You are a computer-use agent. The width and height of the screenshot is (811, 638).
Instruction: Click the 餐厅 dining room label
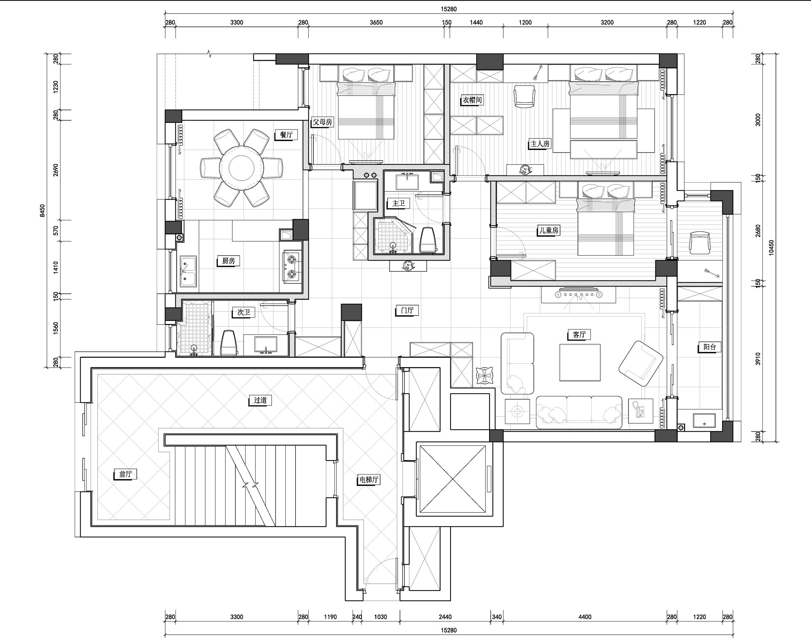click(x=286, y=134)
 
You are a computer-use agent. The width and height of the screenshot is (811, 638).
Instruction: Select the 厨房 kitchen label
click(x=228, y=261)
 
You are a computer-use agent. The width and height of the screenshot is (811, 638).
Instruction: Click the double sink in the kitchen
click(x=188, y=271)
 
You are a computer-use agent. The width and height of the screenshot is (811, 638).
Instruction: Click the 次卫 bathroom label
click(x=244, y=312)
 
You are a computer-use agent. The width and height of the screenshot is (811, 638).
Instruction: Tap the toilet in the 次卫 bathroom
click(x=229, y=343)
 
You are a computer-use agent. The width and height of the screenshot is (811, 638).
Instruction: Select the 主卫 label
click(x=398, y=203)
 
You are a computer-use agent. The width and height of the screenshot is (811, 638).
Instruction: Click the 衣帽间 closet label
click(x=472, y=100)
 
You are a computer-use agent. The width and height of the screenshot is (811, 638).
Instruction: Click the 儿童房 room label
click(x=548, y=231)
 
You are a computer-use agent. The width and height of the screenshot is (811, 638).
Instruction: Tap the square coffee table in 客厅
click(x=580, y=362)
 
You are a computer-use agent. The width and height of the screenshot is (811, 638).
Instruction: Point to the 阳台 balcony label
click(x=710, y=347)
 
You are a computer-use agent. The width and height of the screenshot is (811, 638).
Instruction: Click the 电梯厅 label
click(x=369, y=479)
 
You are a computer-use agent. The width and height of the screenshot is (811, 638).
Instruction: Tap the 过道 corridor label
click(x=260, y=400)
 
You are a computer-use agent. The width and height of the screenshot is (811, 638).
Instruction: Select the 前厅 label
click(x=126, y=474)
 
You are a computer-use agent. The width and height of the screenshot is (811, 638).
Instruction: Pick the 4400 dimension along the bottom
click(x=585, y=617)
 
